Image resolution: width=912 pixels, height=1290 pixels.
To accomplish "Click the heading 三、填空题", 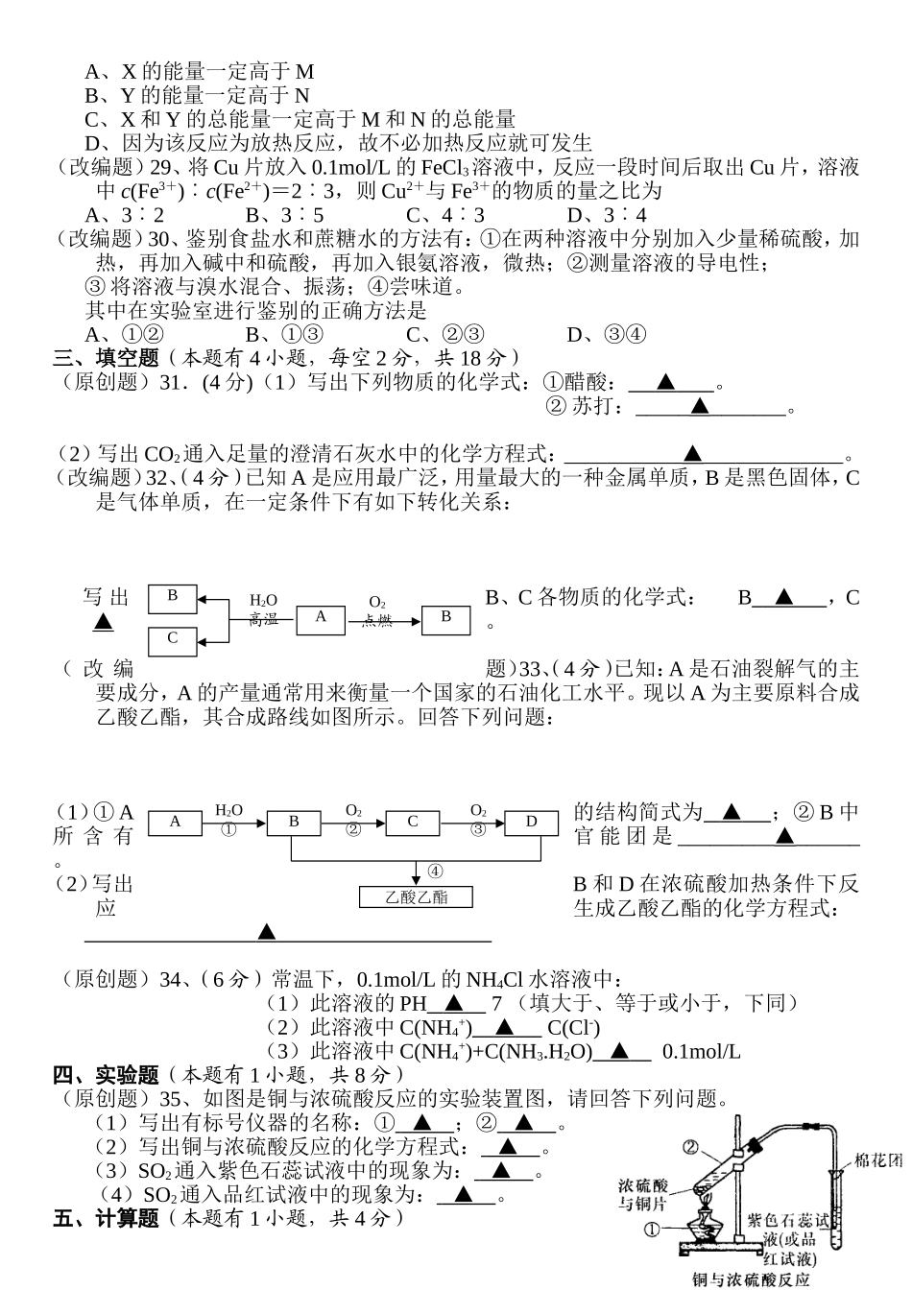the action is click(x=106, y=358).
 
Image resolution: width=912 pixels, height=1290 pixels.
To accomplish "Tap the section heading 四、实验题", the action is click(x=106, y=1075).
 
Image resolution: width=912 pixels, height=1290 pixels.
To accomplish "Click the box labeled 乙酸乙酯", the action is click(x=416, y=897).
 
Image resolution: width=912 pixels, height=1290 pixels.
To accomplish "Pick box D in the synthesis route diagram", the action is click(x=531, y=822).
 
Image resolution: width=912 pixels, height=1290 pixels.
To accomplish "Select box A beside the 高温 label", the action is click(x=321, y=617).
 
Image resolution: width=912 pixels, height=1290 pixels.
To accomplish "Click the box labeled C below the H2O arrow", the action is click(x=172, y=638).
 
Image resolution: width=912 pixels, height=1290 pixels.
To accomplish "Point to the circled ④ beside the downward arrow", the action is click(x=435, y=871).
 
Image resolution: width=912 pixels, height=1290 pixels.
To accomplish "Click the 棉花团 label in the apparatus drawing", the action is click(x=878, y=1160).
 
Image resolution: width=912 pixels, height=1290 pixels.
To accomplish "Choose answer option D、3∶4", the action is click(x=607, y=215).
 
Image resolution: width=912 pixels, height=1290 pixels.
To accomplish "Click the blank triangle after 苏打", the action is click(x=699, y=407).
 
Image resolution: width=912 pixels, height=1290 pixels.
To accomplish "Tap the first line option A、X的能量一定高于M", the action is click(x=200, y=72).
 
